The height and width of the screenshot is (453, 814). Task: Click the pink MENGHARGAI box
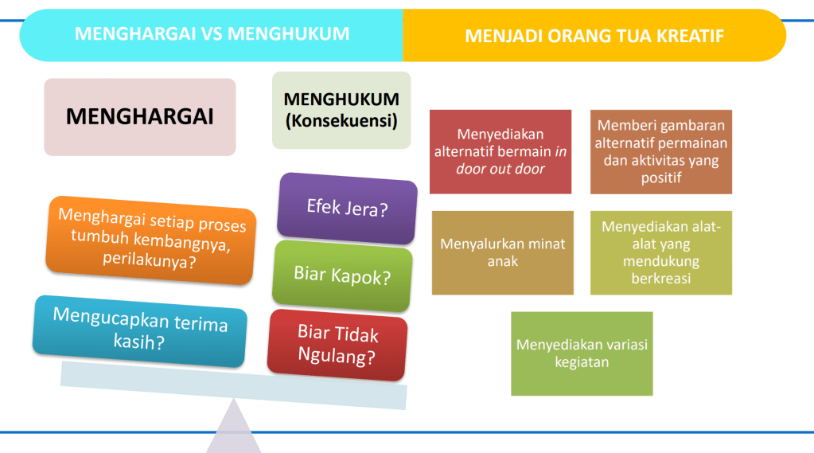(x=140, y=117)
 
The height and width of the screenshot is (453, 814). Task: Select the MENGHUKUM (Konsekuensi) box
(x=341, y=110)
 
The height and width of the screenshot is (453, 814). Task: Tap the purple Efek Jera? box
(x=347, y=209)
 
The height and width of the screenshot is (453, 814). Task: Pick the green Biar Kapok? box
(x=342, y=275)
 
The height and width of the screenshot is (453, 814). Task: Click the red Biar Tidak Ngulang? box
(x=337, y=345)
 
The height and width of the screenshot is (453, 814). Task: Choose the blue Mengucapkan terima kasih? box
(x=140, y=331)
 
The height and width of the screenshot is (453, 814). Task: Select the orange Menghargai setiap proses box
(x=151, y=240)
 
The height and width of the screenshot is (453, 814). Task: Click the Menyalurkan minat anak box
(x=503, y=252)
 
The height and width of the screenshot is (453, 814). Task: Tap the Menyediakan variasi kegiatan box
(x=582, y=353)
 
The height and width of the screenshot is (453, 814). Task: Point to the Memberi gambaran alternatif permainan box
(x=661, y=152)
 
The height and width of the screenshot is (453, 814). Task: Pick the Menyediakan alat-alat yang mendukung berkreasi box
(x=661, y=252)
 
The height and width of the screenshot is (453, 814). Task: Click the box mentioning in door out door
(x=500, y=152)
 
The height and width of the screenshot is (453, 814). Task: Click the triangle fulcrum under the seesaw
(x=234, y=428)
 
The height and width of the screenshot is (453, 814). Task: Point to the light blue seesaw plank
(x=234, y=385)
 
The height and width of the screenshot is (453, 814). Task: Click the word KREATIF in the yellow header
(x=690, y=36)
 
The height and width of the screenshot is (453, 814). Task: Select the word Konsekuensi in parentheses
(x=341, y=120)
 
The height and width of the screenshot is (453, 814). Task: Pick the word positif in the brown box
(x=661, y=178)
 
